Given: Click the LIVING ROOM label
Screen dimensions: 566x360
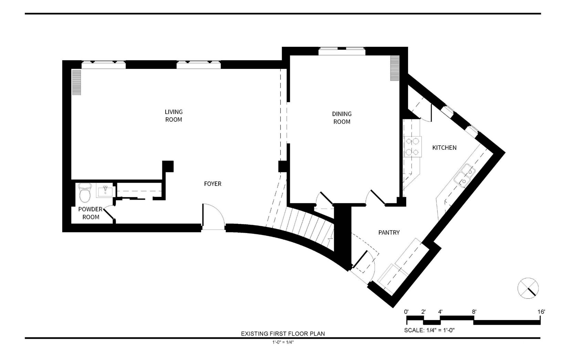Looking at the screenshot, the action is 174,115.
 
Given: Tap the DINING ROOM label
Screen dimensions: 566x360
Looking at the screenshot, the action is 342,118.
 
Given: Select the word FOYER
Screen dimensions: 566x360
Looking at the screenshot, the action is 212,184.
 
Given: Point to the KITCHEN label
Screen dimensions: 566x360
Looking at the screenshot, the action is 444,148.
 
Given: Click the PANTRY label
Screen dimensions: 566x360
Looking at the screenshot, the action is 389,232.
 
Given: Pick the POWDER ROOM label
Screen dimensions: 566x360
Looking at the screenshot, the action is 91,213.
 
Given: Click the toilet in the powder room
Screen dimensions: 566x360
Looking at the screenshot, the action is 85,193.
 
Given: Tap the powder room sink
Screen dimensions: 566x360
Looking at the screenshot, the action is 106,190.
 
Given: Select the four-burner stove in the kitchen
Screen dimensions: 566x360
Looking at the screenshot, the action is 412,147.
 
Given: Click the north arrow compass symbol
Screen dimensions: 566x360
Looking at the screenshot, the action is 528,288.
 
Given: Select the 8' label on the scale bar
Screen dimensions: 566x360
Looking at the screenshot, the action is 474,312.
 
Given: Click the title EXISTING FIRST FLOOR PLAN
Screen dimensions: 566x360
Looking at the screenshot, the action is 283,333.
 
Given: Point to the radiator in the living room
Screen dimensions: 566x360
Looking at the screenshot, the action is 76,82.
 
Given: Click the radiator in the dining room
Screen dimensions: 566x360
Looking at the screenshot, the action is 395,68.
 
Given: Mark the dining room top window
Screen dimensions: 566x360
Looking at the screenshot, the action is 342,51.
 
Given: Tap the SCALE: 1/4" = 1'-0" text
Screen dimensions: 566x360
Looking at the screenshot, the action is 429,330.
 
